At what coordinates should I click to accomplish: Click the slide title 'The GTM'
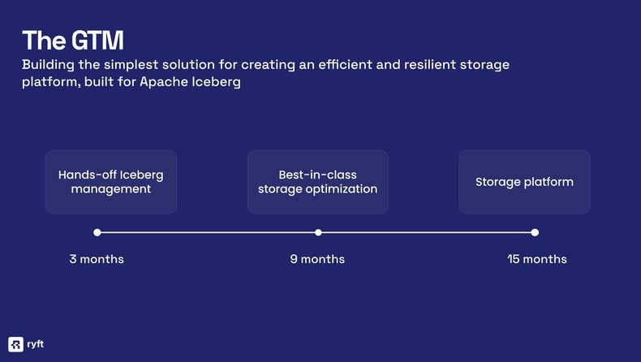tap(73, 40)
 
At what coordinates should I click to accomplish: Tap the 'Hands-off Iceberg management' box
tap(110, 182)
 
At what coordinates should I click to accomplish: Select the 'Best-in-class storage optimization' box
tap(317, 182)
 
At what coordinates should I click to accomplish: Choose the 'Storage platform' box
tap(524, 182)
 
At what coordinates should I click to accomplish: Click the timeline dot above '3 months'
tap(97, 232)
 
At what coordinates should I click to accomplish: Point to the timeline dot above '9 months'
tap(318, 232)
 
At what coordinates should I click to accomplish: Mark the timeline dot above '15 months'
tap(535, 232)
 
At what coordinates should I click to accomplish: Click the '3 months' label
tap(97, 259)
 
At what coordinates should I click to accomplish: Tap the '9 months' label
tap(317, 259)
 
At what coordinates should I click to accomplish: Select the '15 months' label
tap(536, 259)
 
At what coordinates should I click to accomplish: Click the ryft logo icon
tap(15, 343)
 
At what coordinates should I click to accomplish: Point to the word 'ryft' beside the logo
tap(36, 343)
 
